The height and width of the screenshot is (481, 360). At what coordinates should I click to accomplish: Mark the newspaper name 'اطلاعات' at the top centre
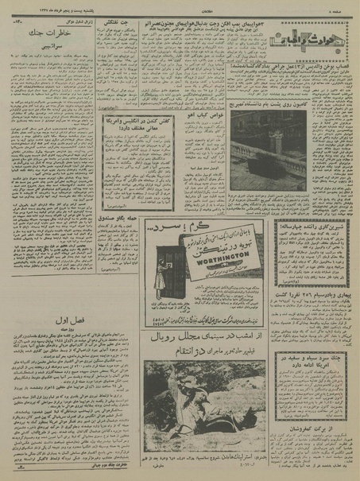pyautogui.click(x=180, y=8)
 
